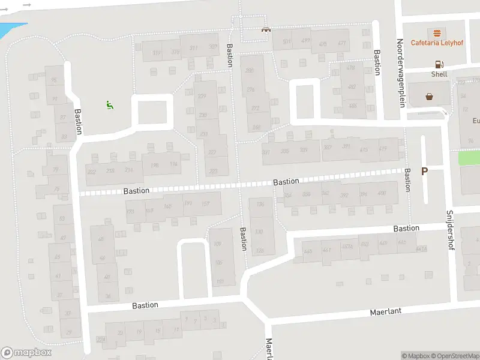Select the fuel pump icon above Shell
[x=439, y=64]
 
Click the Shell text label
[x=439, y=74]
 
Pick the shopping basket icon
[x=430, y=96]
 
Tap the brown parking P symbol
[x=424, y=171]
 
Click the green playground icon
[x=110, y=106]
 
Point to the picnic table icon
[x=265, y=29]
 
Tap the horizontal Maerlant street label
[x=385, y=312]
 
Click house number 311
[x=193, y=49]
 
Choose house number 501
[x=287, y=41]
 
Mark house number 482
[x=352, y=86]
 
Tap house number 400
[x=382, y=193]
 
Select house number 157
[x=205, y=205]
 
